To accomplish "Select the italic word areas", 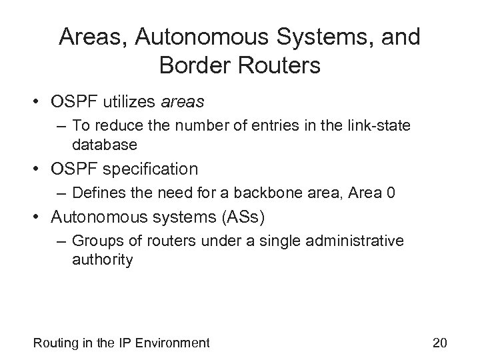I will tap(181, 101).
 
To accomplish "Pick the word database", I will tap(105, 144).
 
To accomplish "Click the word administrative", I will tap(351, 241).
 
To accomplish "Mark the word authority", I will tap(103, 259).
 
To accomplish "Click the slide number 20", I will tap(439, 343).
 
